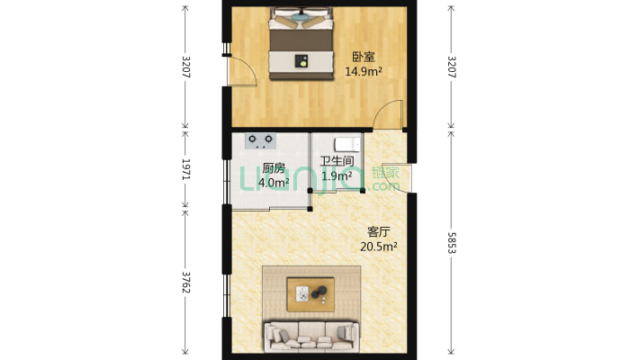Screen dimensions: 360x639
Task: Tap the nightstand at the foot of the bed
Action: coord(303,61)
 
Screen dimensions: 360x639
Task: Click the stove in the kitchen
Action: coord(261,139)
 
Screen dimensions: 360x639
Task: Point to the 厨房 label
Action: coord(274,168)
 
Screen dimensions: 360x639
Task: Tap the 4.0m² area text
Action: coord(274,182)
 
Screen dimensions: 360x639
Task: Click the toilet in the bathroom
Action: coord(347,144)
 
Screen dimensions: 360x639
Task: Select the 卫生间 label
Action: coord(336,163)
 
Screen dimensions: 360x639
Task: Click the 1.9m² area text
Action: coord(336,176)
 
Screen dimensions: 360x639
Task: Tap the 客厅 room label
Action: coord(379,231)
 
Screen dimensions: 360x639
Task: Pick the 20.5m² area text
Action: coord(379,245)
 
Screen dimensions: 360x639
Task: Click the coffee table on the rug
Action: coord(310,292)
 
